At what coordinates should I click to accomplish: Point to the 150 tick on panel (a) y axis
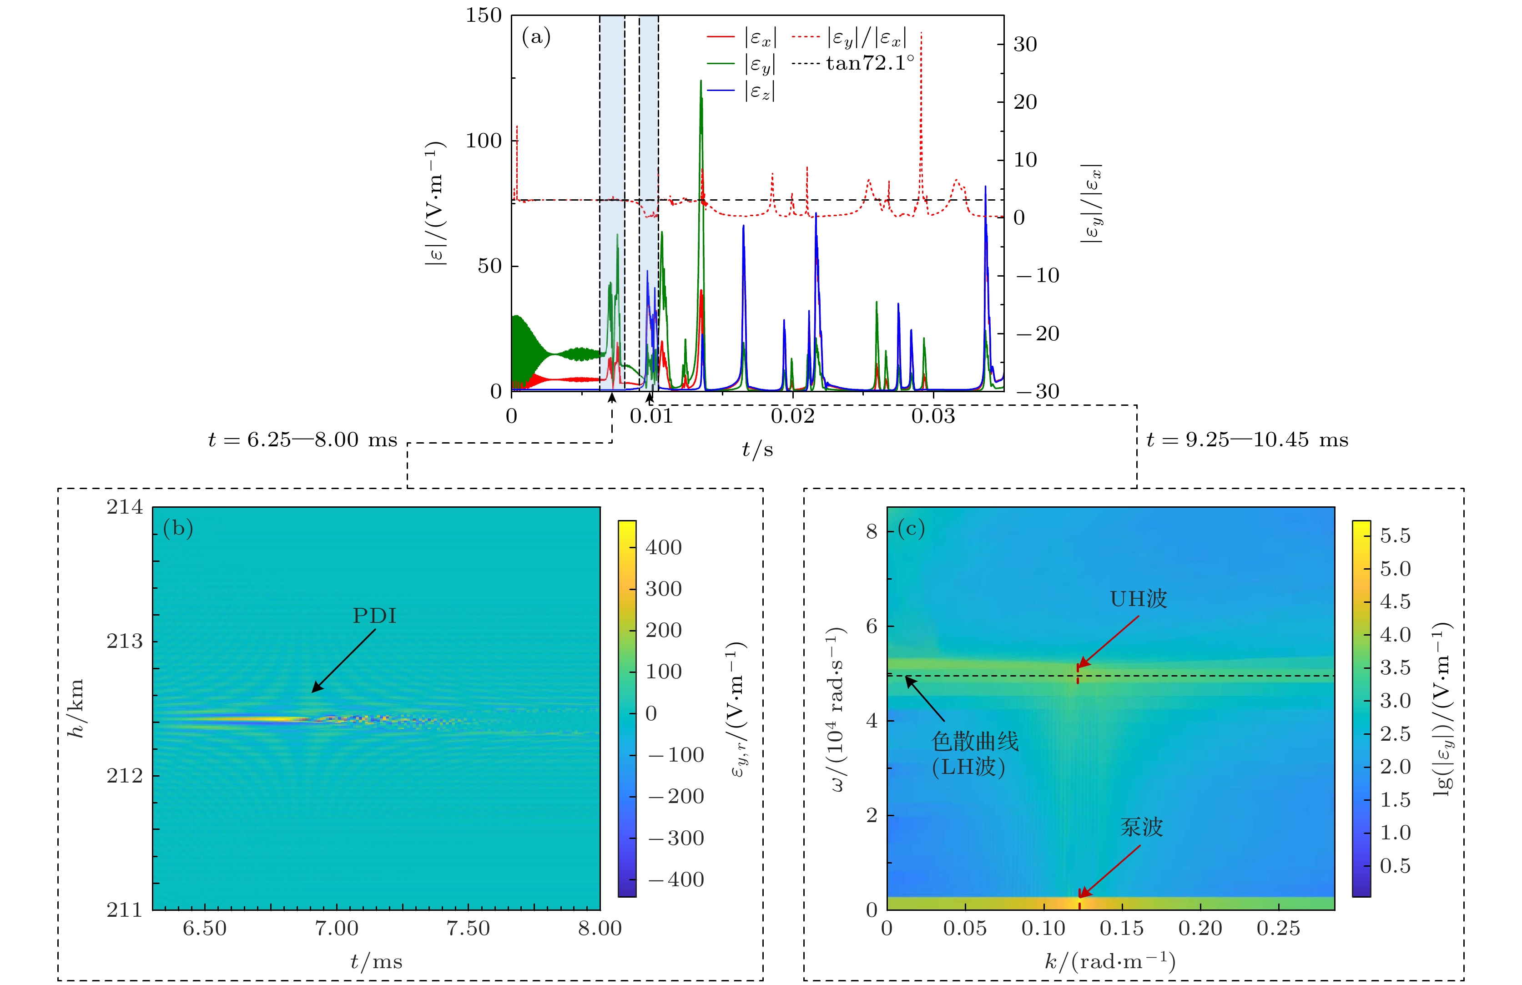click(x=484, y=15)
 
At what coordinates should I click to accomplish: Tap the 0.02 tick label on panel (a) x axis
click(x=792, y=416)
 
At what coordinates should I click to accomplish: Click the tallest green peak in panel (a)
click(x=701, y=82)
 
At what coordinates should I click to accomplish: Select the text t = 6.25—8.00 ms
click(x=302, y=440)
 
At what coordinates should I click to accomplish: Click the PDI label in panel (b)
click(x=375, y=616)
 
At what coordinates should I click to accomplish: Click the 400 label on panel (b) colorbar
click(x=663, y=547)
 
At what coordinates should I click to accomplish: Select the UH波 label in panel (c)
click(x=1138, y=599)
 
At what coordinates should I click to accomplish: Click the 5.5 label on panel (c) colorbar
click(x=1395, y=536)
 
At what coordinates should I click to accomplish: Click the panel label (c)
click(x=911, y=529)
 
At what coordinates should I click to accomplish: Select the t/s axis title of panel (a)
click(x=757, y=450)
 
